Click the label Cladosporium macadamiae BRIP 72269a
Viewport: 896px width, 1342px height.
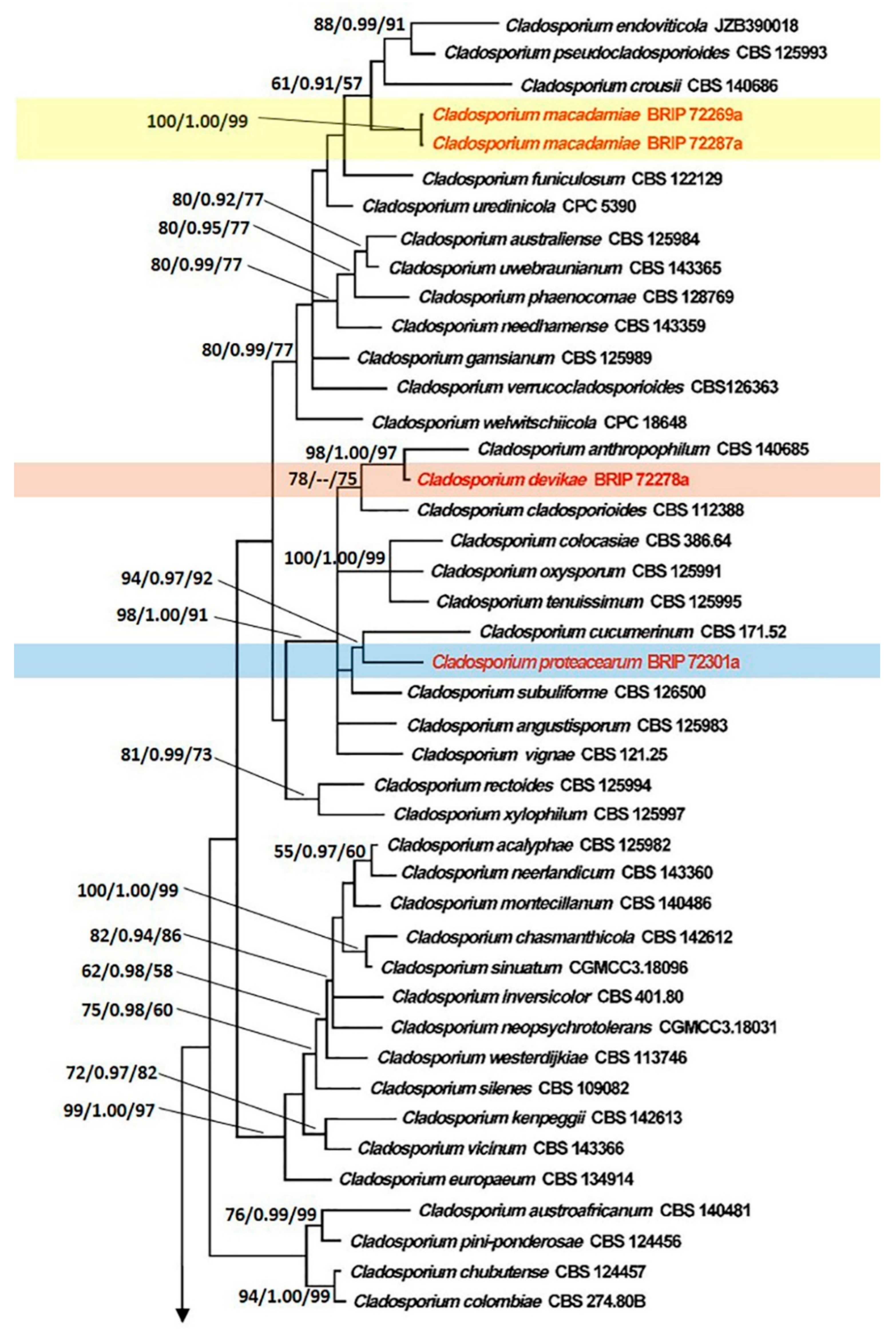click(x=587, y=115)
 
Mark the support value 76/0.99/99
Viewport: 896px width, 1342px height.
click(x=271, y=1215)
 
